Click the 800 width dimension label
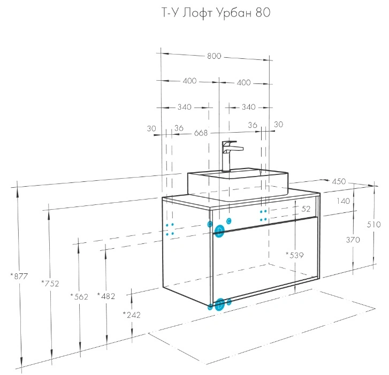(214, 56)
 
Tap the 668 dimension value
(201, 133)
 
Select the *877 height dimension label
(19, 276)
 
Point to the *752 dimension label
(50, 283)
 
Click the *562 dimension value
(79, 296)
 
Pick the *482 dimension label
(106, 296)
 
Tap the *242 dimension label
(132, 315)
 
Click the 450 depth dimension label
(339, 181)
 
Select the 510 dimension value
(373, 225)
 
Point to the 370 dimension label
(353, 240)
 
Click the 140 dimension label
(343, 201)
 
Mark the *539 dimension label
(295, 255)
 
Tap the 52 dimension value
(306, 209)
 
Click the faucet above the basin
(230, 156)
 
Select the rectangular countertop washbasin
(238, 184)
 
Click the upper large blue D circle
(219, 231)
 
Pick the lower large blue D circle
(219, 304)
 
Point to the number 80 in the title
(263, 13)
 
